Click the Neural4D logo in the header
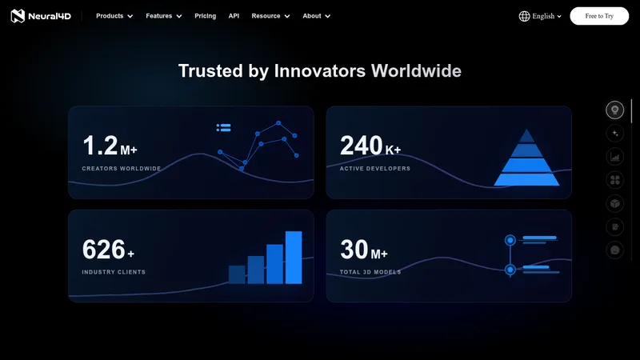click(41, 16)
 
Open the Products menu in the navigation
click(114, 16)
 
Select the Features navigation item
click(164, 16)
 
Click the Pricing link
click(206, 16)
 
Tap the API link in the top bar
click(234, 16)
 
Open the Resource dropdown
click(270, 16)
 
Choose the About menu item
click(316, 16)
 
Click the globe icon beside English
click(524, 16)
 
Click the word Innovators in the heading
click(319, 71)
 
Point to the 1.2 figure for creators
click(100, 146)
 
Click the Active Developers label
click(375, 169)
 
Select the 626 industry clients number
click(103, 249)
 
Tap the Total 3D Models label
click(370, 272)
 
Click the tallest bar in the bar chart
click(294, 257)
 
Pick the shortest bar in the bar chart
click(237, 274)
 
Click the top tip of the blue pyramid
click(527, 129)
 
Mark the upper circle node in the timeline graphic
click(510, 240)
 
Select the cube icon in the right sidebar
click(614, 204)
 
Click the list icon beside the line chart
click(224, 128)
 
